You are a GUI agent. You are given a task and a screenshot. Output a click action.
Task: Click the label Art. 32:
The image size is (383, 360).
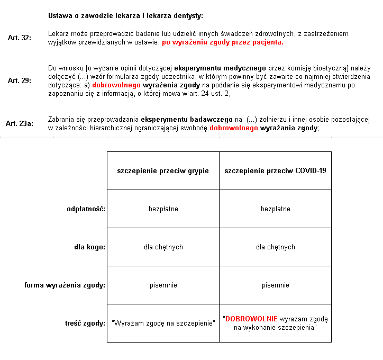[x=20, y=38]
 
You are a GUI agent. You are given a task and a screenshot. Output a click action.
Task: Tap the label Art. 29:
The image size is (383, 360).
[x=20, y=81]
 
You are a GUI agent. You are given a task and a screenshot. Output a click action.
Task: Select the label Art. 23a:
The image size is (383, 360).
[x=20, y=123]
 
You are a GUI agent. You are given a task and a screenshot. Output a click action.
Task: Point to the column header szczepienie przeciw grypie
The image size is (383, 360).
[x=163, y=171]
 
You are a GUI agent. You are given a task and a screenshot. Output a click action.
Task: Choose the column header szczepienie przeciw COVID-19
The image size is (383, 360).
[x=275, y=171]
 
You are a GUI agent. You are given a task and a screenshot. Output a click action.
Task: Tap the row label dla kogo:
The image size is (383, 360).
[x=89, y=247]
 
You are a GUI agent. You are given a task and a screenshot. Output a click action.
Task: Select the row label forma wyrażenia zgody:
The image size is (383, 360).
[x=65, y=285]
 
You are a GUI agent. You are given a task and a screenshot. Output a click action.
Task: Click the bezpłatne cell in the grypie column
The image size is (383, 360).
[x=163, y=209]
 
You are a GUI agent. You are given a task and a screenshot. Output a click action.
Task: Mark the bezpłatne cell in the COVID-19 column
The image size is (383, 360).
[x=275, y=209]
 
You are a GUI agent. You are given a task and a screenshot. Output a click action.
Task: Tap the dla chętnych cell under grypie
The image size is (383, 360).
[x=163, y=247]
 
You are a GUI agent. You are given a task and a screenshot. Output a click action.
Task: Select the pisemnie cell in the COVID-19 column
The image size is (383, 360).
[x=275, y=285]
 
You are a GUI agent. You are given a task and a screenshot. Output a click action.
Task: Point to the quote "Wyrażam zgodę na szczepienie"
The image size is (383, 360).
[x=163, y=323]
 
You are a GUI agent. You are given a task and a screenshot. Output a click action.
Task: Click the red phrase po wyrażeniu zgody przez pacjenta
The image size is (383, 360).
[x=223, y=42]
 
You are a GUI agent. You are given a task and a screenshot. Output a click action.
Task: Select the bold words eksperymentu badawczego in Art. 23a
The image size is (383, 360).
[x=187, y=119]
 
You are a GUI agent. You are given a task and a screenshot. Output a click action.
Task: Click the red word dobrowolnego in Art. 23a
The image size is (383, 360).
[x=233, y=128]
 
